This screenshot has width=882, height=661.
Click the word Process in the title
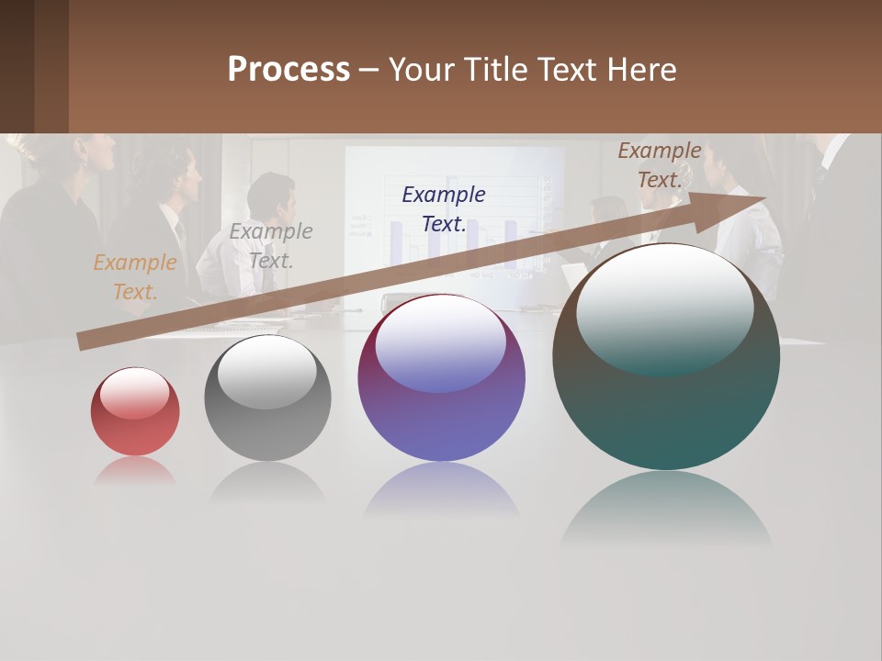click(288, 70)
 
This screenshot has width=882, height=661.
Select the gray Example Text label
click(270, 245)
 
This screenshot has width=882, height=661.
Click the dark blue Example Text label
click(444, 208)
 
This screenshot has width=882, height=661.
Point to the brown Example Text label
click(660, 165)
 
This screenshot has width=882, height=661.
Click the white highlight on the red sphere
click(134, 393)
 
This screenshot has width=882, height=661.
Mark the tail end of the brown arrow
click(85, 342)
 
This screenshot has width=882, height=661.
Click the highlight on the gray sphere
click(266, 372)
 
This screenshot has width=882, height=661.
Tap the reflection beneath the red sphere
click(135, 470)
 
